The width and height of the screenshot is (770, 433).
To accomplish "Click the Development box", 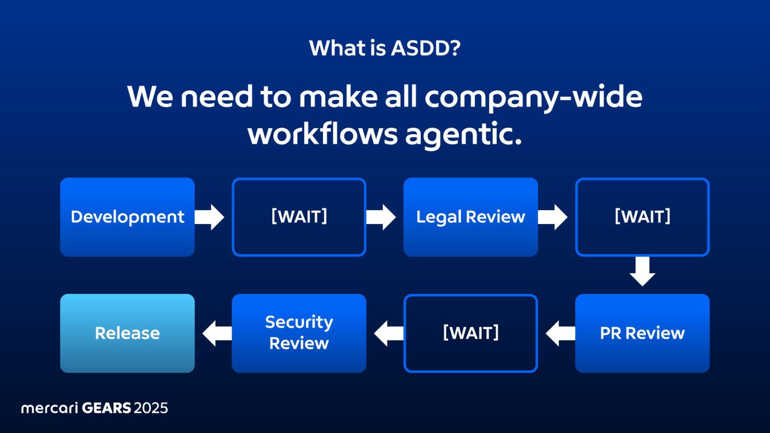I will coord(127,217).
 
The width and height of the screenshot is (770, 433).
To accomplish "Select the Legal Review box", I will coord(471,217).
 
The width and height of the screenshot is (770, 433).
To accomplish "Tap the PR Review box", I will coord(642,333).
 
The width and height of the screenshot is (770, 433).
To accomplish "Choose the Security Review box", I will coord(299,333).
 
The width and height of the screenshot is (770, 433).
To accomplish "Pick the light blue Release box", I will coord(127,333).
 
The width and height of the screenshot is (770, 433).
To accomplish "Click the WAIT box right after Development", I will coord(299,217).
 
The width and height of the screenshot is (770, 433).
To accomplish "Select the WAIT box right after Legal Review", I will coord(642,217).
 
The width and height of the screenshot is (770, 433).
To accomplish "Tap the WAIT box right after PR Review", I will coord(471,333).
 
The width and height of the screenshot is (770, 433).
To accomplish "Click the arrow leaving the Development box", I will coord(210,217).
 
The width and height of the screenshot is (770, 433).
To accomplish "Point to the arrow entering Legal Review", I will coord(381,217).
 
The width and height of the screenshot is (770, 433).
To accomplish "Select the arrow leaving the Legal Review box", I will coord(553,217).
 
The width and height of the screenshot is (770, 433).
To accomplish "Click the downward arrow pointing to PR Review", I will coord(642,272).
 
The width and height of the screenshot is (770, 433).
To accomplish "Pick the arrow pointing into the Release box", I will coord(217,333).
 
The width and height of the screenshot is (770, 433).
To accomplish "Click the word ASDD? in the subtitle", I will coord(425,49).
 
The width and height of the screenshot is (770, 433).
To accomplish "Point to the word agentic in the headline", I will coord(462,135).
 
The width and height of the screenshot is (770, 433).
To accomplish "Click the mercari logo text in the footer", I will coord(49,408).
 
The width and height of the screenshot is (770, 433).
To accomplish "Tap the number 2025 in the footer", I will coord(151,408).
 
